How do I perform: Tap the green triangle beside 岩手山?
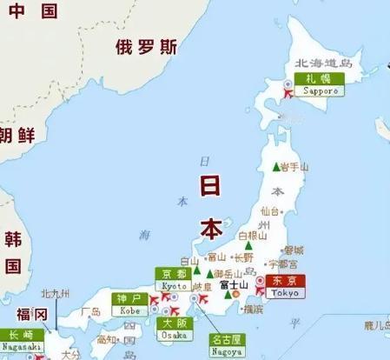coord(276,167)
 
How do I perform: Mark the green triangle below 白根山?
coord(248,246)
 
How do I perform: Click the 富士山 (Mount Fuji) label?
coord(234,284)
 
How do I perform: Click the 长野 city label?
coord(244,257)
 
